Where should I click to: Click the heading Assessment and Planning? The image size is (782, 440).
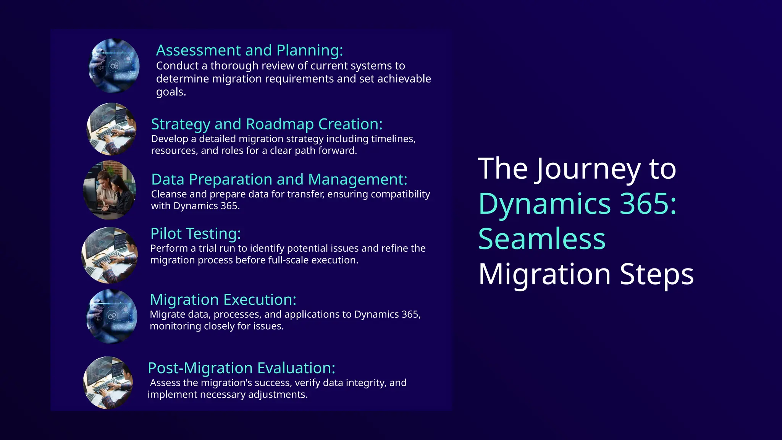[249, 50]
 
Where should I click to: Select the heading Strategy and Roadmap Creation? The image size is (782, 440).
[267, 124]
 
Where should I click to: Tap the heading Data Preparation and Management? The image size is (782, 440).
[279, 180]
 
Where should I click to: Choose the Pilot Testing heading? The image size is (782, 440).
[195, 234]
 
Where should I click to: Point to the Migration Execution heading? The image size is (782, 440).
[223, 300]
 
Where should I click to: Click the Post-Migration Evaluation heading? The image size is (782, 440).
[241, 368]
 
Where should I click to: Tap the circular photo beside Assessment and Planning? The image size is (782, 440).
[114, 66]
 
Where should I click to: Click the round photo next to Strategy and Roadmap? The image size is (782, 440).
[111, 129]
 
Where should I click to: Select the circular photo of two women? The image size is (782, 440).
[110, 190]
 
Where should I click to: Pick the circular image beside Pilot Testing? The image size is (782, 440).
[110, 255]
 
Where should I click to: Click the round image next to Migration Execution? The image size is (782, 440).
[111, 316]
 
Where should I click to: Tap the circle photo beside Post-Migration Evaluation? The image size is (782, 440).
[108, 383]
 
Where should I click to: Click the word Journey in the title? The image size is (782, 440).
[588, 169]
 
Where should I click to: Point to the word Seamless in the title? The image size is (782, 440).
[542, 239]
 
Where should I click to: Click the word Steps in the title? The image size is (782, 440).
[656, 274]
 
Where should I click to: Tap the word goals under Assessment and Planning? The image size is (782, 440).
[171, 92]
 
